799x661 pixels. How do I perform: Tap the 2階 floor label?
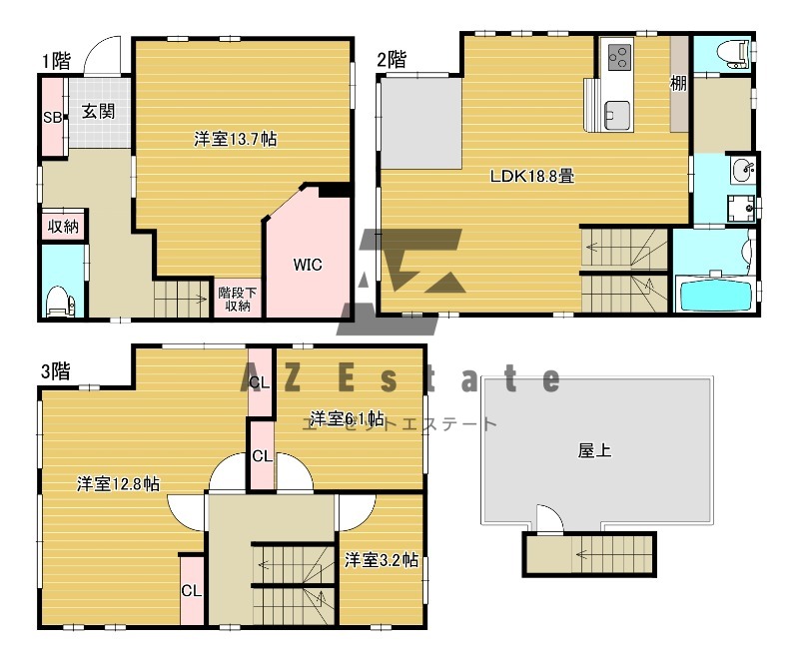391,59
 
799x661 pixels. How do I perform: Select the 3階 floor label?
55,371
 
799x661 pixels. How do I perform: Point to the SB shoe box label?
51,117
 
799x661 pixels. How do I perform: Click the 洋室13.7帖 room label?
236,140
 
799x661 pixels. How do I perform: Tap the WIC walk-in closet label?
307,265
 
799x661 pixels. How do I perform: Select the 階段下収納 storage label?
238,300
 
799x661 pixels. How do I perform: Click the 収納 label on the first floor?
63,227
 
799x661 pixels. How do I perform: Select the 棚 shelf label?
679,84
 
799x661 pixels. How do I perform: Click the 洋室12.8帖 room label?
119,484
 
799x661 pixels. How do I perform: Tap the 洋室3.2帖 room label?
382,559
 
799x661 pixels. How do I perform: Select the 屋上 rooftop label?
595,450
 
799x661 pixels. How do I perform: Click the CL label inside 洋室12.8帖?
192,590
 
